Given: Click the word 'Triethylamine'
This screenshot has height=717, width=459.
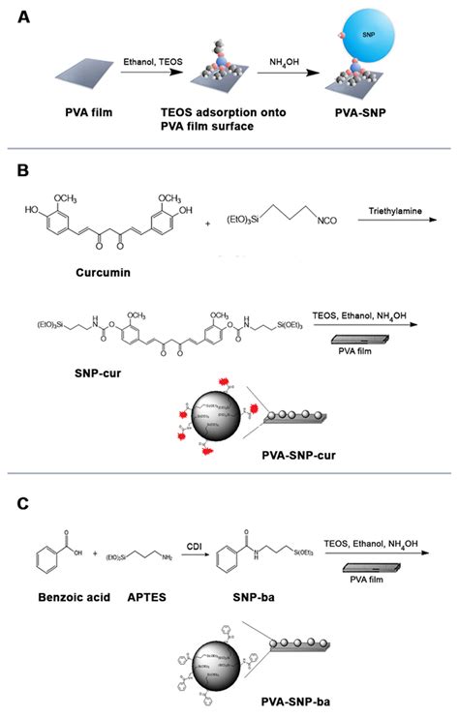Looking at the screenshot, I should pos(396,210).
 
